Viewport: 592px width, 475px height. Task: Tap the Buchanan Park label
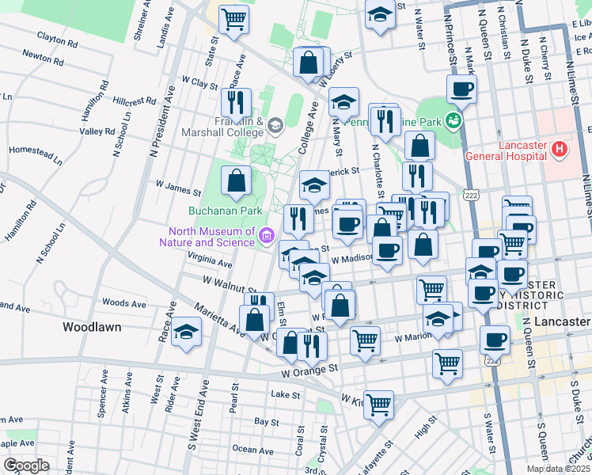click(x=225, y=211)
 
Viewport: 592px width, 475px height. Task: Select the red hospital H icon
click(x=560, y=148)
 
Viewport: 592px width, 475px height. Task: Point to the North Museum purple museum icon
click(x=267, y=234)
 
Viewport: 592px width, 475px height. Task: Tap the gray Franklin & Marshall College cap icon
click(x=275, y=124)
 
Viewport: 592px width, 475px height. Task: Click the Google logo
click(x=26, y=465)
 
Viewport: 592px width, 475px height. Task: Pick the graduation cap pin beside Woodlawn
click(x=186, y=330)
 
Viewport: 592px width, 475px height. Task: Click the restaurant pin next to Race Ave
click(x=236, y=102)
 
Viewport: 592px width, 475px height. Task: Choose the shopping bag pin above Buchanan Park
click(x=237, y=180)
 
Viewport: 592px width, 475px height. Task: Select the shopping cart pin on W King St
click(x=379, y=403)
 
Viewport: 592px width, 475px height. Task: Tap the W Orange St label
click(x=309, y=369)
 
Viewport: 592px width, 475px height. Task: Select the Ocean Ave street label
click(x=253, y=449)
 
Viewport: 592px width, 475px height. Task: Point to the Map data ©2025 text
click(x=558, y=469)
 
